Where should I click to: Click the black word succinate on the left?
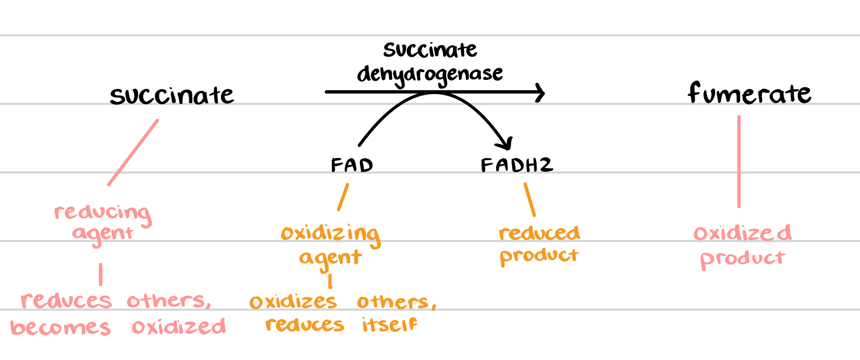[x=172, y=96]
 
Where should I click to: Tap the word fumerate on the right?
[x=749, y=94]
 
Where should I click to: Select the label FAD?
[x=352, y=165]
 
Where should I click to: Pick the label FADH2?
[x=517, y=165]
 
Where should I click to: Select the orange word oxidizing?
[x=330, y=234]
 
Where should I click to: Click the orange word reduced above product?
[x=539, y=233]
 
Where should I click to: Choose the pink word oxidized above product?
[x=742, y=233]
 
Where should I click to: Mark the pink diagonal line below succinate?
[x=133, y=153]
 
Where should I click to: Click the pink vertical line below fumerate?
[x=739, y=162]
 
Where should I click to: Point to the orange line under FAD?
[x=343, y=197]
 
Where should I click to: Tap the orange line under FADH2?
[x=530, y=199]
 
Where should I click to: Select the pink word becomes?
[x=60, y=328]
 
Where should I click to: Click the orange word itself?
[x=390, y=325]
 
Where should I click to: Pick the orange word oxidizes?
[x=293, y=302]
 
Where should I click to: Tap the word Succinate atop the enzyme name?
[x=430, y=50]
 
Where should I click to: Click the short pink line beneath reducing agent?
[x=101, y=274]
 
